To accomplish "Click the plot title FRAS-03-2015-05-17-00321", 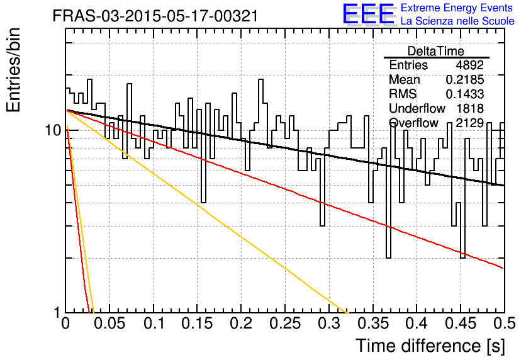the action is click(155, 16).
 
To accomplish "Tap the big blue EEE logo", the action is click(369, 14).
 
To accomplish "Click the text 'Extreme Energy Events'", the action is click(456, 8).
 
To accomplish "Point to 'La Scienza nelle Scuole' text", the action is click(457, 21).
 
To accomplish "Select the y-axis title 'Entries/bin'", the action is click(13, 70).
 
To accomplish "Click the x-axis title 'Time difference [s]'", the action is click(430, 346).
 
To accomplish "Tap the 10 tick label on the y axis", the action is click(53, 130).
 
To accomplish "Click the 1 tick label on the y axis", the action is click(57, 312).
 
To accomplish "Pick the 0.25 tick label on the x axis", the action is click(285, 323).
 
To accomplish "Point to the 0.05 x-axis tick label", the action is click(109, 323).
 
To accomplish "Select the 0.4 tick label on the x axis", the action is click(417, 323).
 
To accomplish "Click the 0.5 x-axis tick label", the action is click(505, 323).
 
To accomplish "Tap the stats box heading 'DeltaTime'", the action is click(436, 51).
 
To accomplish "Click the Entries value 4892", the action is click(469, 65).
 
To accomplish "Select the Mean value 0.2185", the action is click(465, 79).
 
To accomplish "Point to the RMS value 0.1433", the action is click(465, 94).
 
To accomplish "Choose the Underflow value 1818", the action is click(470, 108).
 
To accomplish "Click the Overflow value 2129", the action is click(469, 123).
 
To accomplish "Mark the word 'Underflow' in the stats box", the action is click(417, 108).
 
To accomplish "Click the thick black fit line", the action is click(285, 148).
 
